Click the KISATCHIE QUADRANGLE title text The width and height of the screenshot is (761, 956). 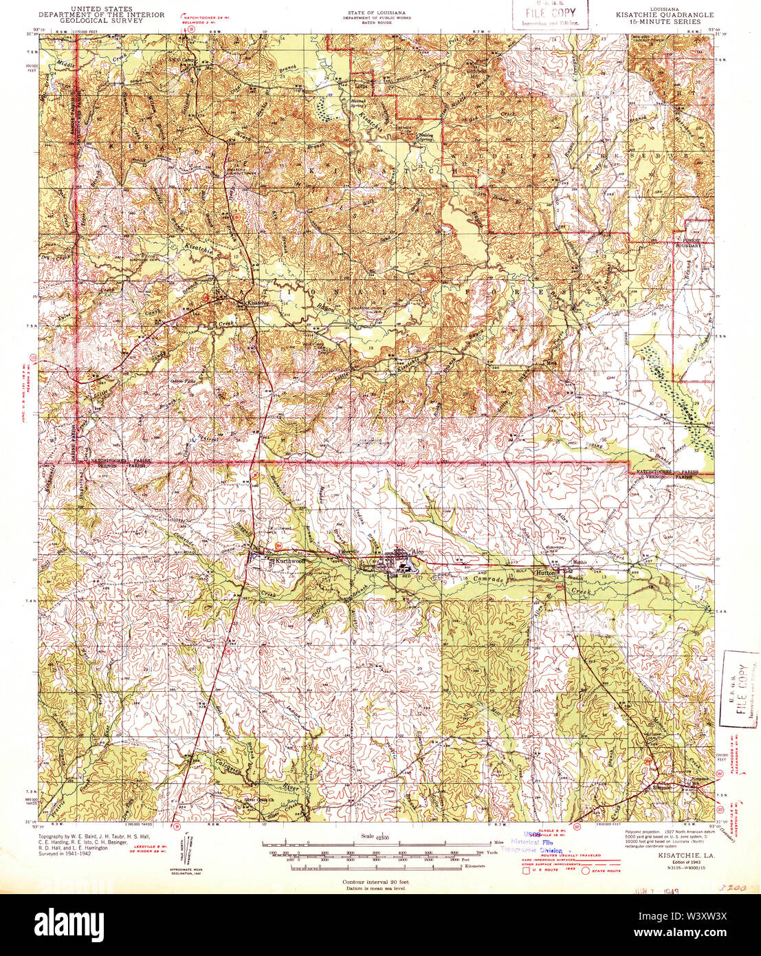(x=659, y=14)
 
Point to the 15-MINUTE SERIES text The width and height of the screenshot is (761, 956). (x=659, y=21)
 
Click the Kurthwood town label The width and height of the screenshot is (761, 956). (x=289, y=561)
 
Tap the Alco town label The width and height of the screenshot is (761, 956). (x=418, y=553)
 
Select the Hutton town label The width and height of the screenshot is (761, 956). (x=545, y=572)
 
